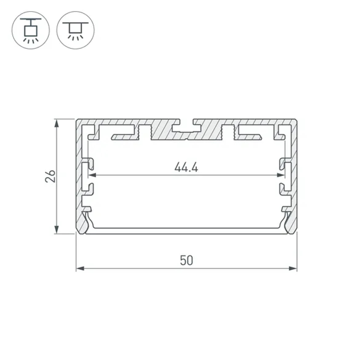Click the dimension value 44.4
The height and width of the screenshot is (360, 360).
pyautogui.click(x=186, y=167)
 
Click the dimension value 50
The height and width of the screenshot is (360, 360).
pyautogui.click(x=186, y=260)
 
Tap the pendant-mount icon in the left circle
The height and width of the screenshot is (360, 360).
pyautogui.click(x=31, y=30)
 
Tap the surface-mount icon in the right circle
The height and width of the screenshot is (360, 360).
pyautogui.click(x=75, y=30)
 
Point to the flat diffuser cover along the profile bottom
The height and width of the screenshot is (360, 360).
pyautogui.click(x=186, y=230)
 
